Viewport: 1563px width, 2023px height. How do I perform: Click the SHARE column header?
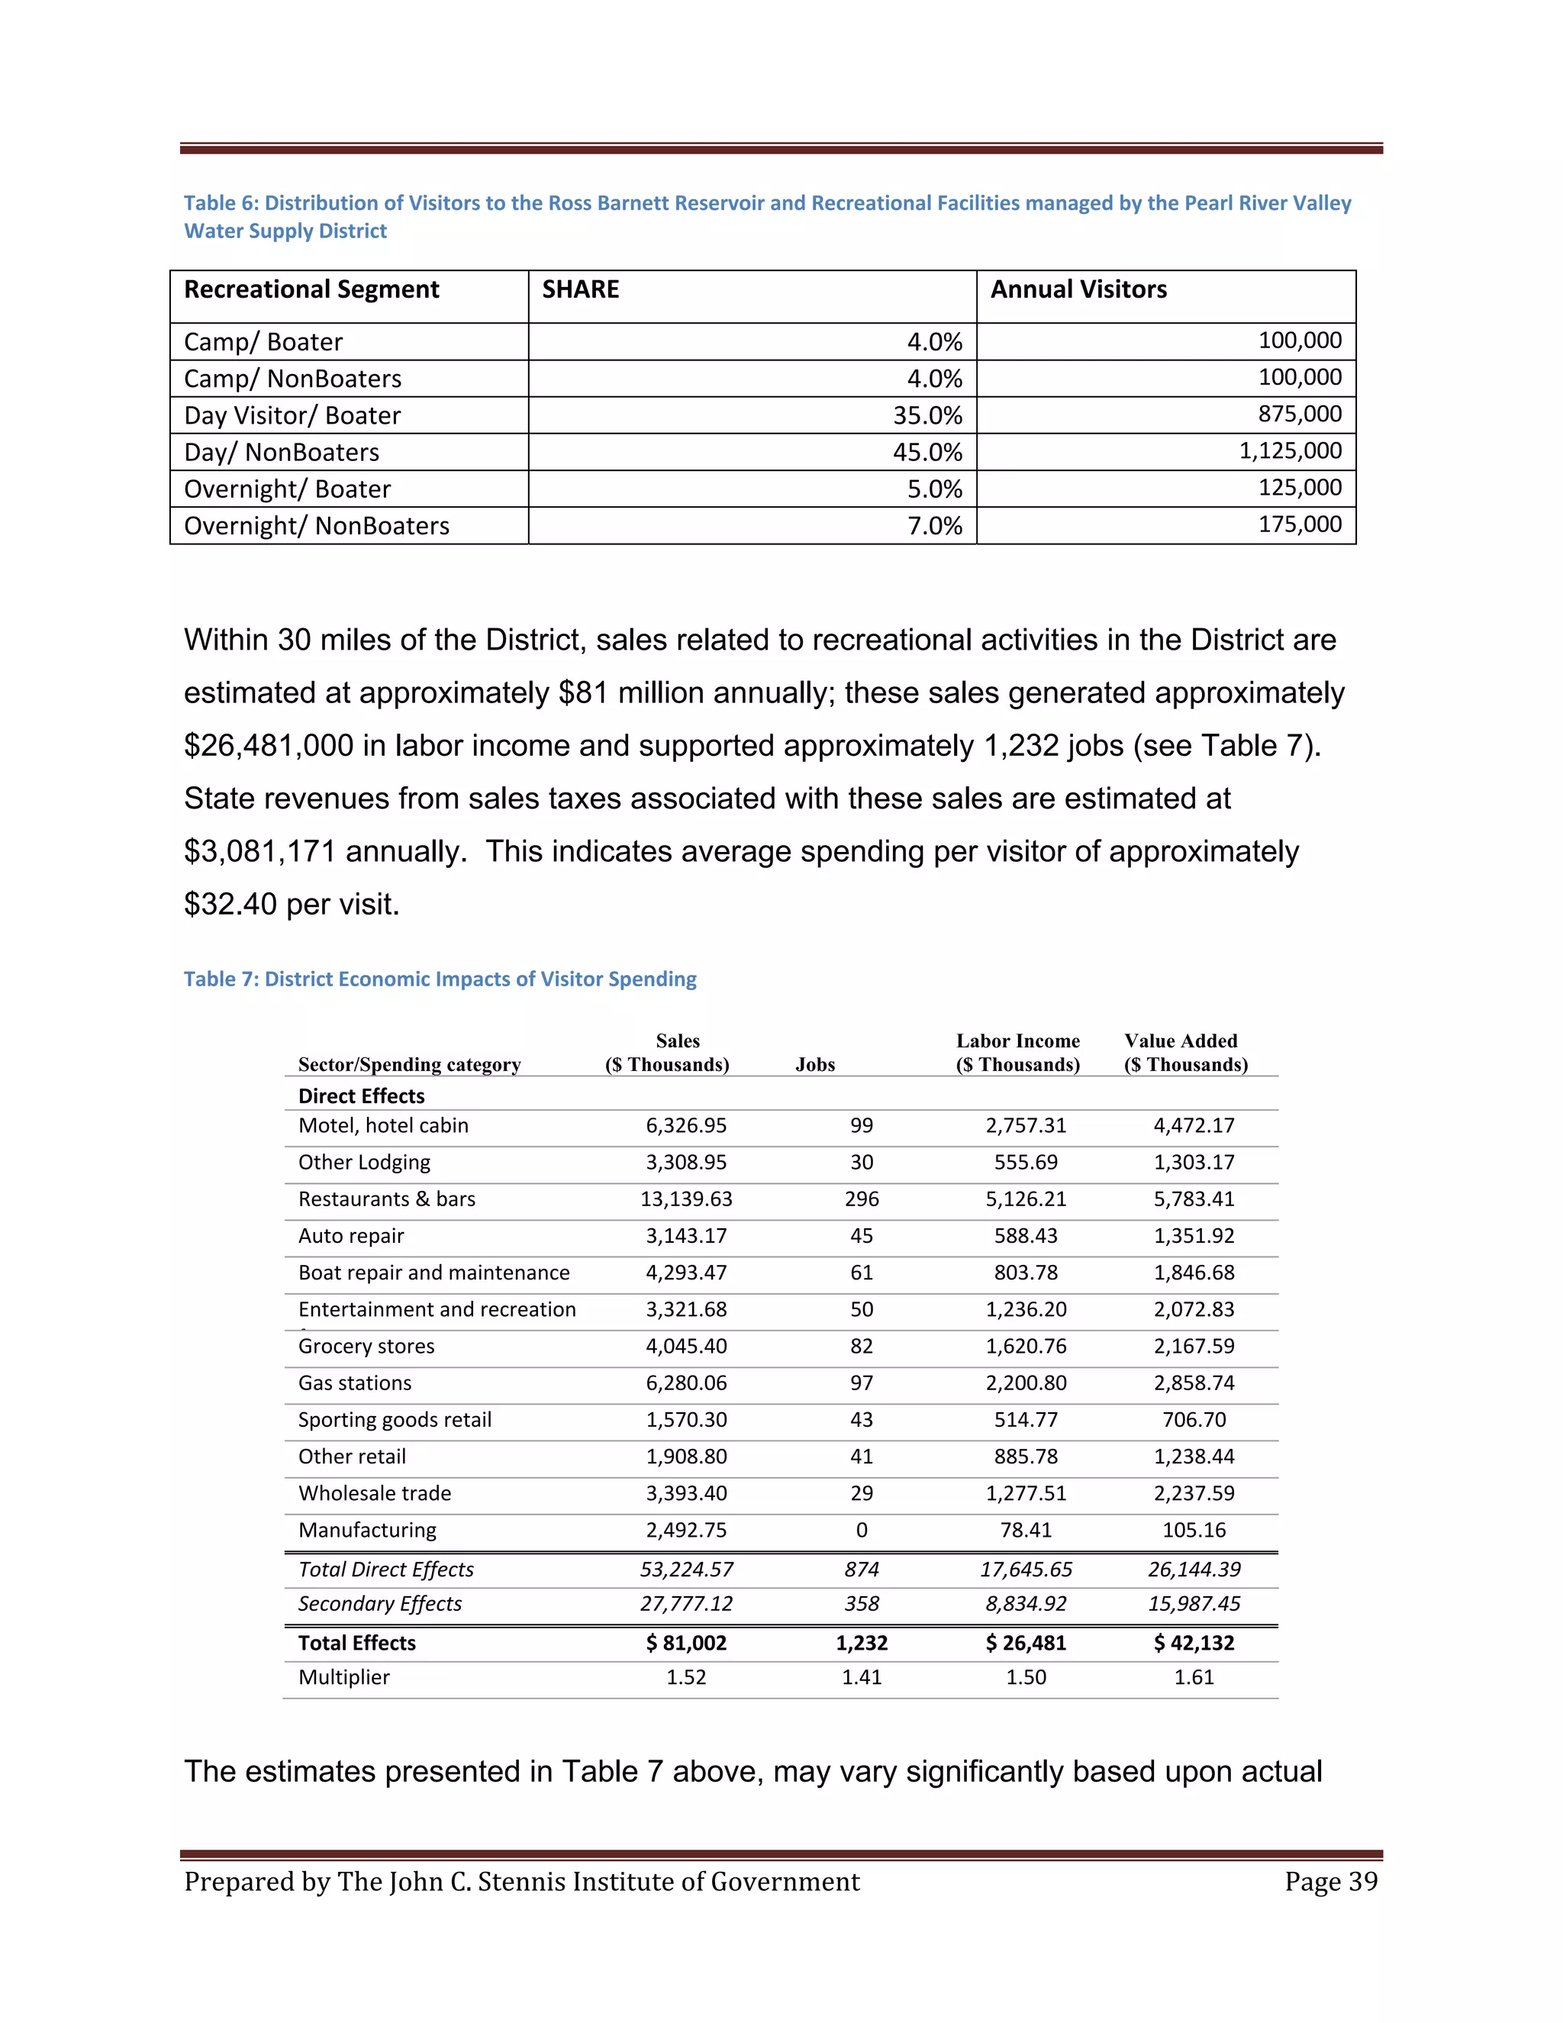[x=581, y=290]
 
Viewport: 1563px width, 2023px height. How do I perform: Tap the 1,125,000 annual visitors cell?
[x=1290, y=451]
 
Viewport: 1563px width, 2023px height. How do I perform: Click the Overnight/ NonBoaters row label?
[x=317, y=526]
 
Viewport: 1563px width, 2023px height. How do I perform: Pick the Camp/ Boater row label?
[x=263, y=343]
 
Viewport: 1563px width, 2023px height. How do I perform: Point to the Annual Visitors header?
[x=1078, y=290]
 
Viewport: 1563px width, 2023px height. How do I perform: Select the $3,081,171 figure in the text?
[x=260, y=851]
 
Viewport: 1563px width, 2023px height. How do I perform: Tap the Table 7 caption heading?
[x=440, y=979]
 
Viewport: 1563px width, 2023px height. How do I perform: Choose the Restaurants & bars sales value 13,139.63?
[x=686, y=1199]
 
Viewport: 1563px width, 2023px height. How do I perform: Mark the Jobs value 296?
[x=861, y=1199]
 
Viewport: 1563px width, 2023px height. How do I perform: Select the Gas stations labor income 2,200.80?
[x=1025, y=1383]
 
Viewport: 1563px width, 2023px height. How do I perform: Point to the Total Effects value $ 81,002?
[x=686, y=1644]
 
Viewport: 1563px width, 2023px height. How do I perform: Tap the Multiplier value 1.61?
[x=1194, y=1677]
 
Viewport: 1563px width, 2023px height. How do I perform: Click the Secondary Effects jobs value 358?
[x=861, y=1605]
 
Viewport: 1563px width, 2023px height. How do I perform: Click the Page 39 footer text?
[x=1330, y=1883]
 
